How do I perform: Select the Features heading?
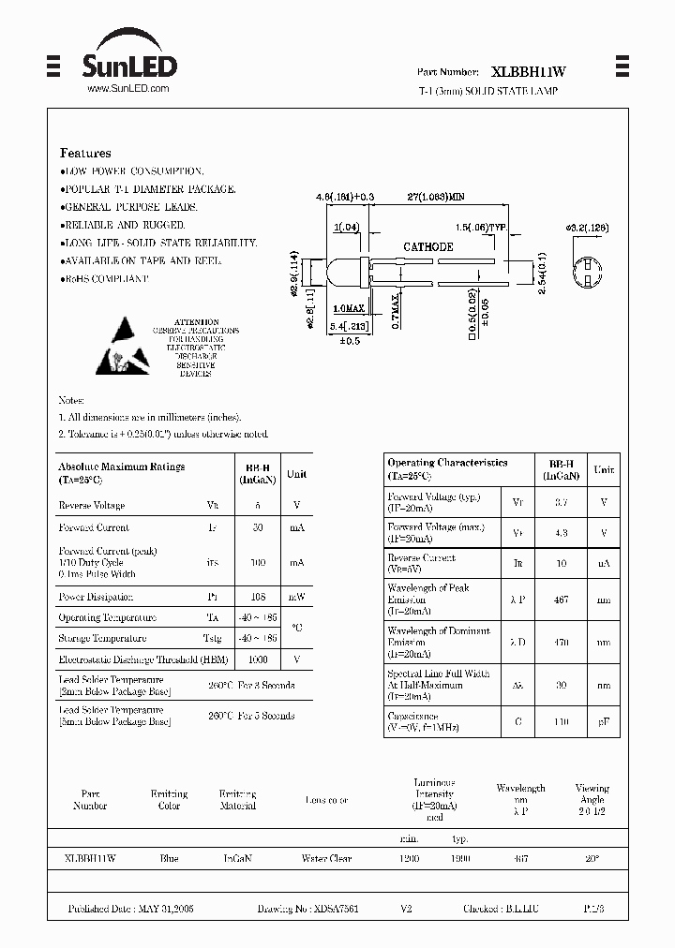[x=85, y=153]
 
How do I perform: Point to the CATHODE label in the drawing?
[x=427, y=247]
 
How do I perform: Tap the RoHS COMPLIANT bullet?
[x=105, y=278]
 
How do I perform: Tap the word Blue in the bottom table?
[x=169, y=858]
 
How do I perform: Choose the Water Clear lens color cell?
[x=326, y=858]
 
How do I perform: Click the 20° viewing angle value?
[x=592, y=858]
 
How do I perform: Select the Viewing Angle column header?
[x=592, y=794]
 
